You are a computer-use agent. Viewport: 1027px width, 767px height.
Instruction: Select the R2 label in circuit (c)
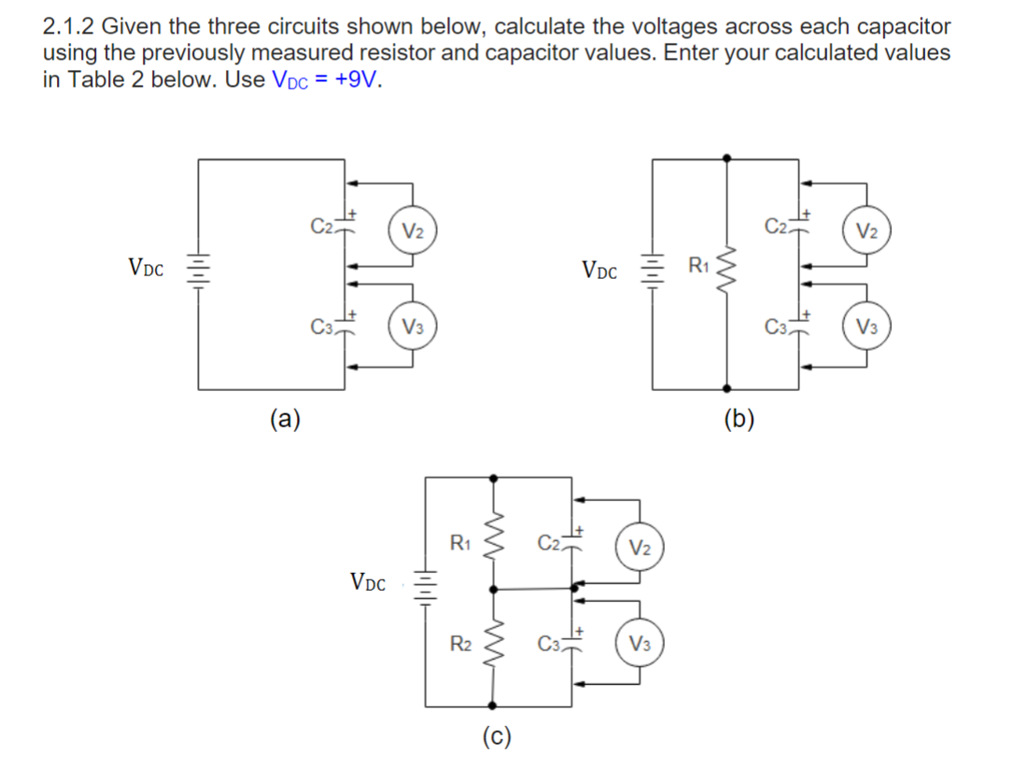point(460,642)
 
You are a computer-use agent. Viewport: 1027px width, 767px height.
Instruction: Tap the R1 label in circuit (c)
point(460,541)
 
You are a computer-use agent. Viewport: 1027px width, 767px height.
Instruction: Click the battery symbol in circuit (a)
point(197,271)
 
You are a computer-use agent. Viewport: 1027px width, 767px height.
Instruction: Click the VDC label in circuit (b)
point(598,272)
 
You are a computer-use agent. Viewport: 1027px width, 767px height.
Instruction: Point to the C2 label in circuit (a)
point(321,226)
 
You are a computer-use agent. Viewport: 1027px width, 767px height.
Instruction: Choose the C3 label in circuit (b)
point(774,327)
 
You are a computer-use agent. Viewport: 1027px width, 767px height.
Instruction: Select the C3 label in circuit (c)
point(549,643)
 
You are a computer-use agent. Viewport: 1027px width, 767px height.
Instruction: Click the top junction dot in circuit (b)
point(727,159)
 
